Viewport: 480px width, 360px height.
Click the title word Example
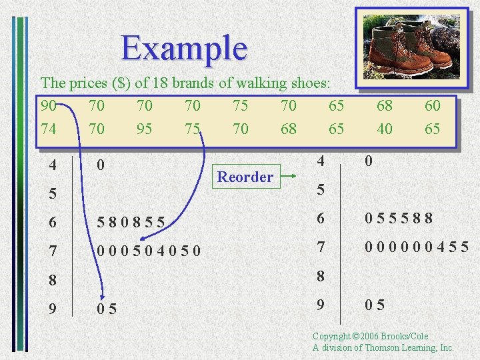pos(184,48)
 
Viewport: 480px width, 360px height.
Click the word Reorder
pos(245,177)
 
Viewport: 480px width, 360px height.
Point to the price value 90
pos(49,105)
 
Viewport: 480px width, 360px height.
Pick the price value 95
pos(144,129)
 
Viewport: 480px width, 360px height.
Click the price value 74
pos(49,129)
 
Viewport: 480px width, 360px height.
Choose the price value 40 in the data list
pos(385,129)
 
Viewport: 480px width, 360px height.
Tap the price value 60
pos(433,105)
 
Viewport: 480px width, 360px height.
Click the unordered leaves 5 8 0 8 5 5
pos(131,221)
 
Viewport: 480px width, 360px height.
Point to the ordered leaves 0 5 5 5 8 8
pos(399,218)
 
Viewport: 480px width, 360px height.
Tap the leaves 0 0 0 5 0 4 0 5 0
pos(149,251)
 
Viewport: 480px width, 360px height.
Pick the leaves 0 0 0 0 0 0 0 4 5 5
pos(416,247)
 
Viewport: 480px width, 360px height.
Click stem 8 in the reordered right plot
pos(321,276)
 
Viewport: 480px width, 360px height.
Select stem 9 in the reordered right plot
pos(321,305)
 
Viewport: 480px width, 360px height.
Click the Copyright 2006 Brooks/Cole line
pos(370,337)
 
